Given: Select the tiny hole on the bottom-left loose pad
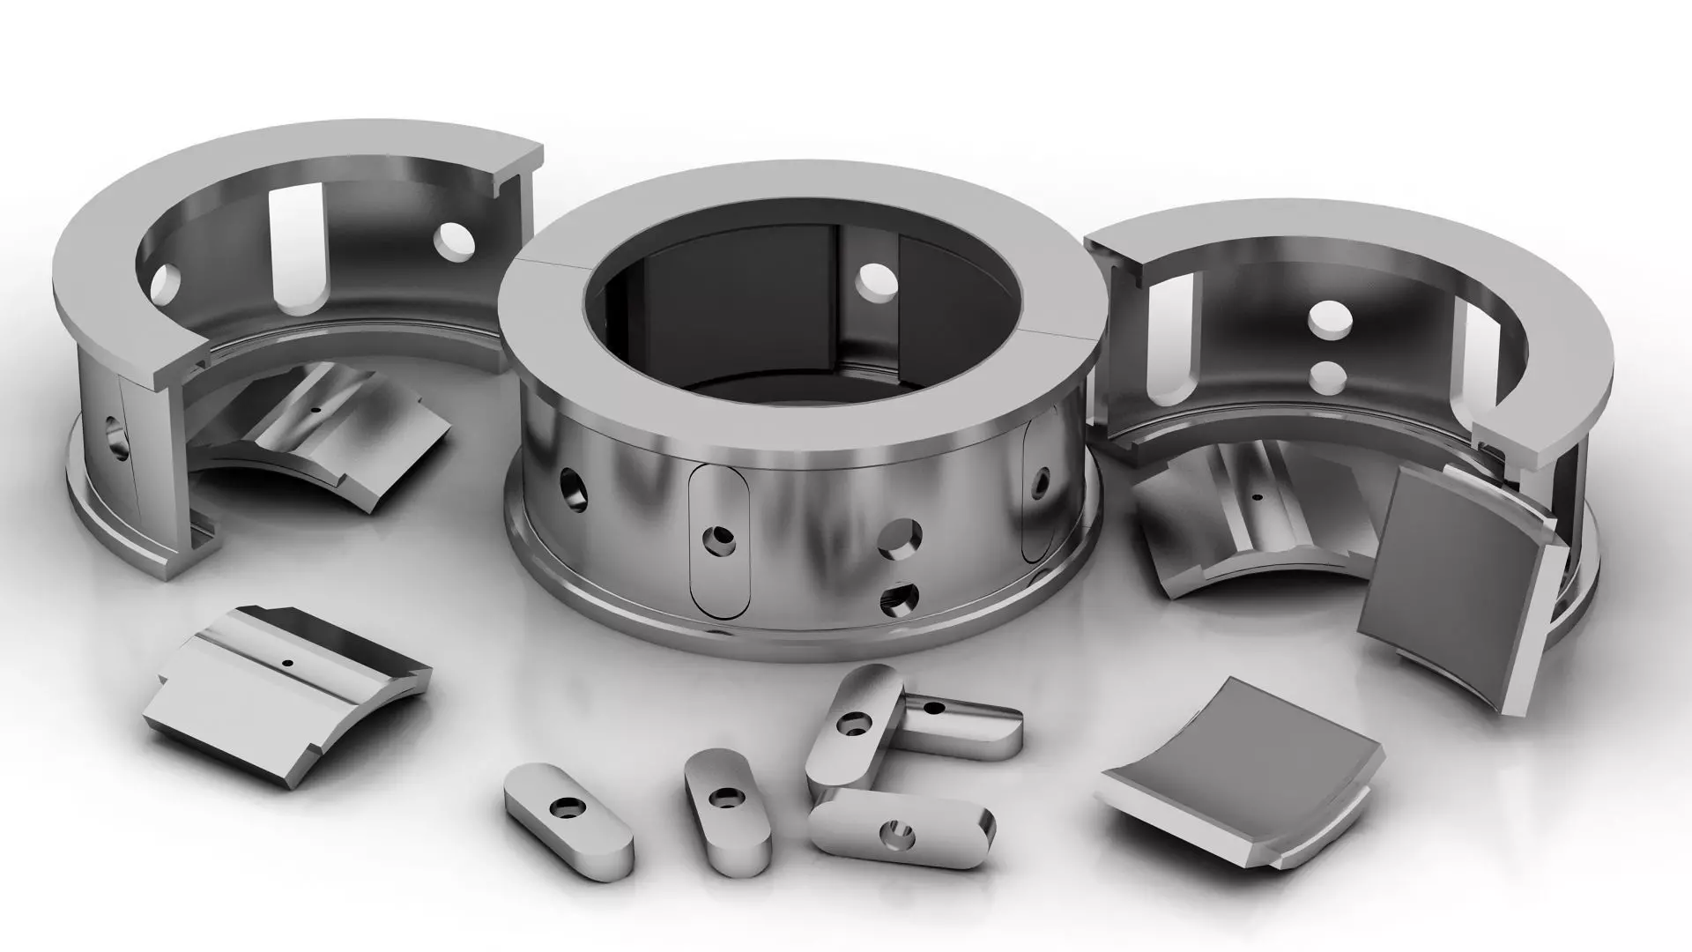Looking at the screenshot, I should [286, 663].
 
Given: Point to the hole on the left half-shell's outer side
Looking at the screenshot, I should [115, 435].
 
